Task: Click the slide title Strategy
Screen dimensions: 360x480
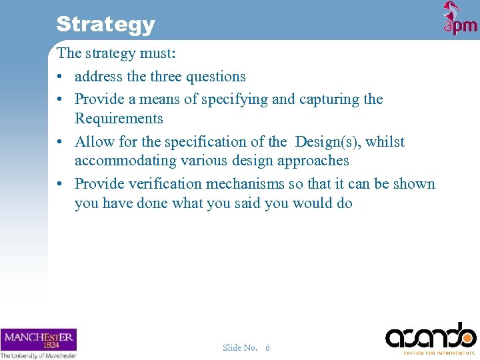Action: (x=105, y=24)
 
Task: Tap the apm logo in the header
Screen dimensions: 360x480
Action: (x=460, y=19)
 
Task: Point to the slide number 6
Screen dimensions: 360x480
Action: (x=267, y=347)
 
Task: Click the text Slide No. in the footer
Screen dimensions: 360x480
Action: (x=240, y=347)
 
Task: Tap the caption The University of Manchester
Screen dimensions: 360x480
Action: (x=39, y=355)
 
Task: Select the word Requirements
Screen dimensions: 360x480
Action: (x=119, y=119)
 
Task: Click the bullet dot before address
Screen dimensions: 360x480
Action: (x=61, y=77)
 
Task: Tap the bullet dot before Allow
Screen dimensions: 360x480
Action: (x=61, y=142)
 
